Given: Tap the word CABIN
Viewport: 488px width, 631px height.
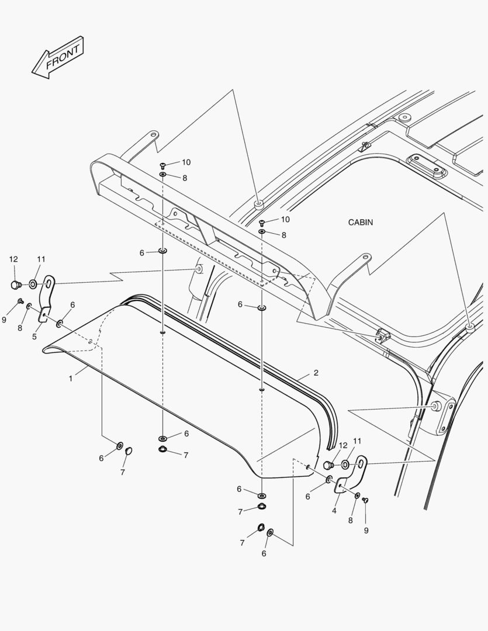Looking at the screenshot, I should tap(360, 223).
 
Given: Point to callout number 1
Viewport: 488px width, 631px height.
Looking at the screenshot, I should tap(71, 379).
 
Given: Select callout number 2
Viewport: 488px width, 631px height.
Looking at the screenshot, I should tap(316, 373).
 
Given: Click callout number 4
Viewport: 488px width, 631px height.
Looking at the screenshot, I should tap(334, 511).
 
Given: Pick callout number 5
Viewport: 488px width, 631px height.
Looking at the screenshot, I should tap(34, 337).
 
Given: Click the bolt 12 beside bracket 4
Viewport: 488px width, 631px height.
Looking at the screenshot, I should tap(328, 465).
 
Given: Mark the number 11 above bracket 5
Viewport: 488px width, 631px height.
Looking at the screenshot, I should tap(41, 259).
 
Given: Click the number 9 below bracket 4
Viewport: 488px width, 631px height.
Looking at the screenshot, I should tap(366, 531).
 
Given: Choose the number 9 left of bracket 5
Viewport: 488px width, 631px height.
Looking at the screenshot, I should tap(4, 320).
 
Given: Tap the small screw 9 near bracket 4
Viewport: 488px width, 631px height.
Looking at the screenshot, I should tap(365, 500).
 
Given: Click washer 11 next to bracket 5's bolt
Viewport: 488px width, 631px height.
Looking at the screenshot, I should tap(33, 284).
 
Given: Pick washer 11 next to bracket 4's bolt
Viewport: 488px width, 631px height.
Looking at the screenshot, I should tap(345, 464).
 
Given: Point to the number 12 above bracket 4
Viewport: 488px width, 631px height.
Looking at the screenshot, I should tap(343, 445).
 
